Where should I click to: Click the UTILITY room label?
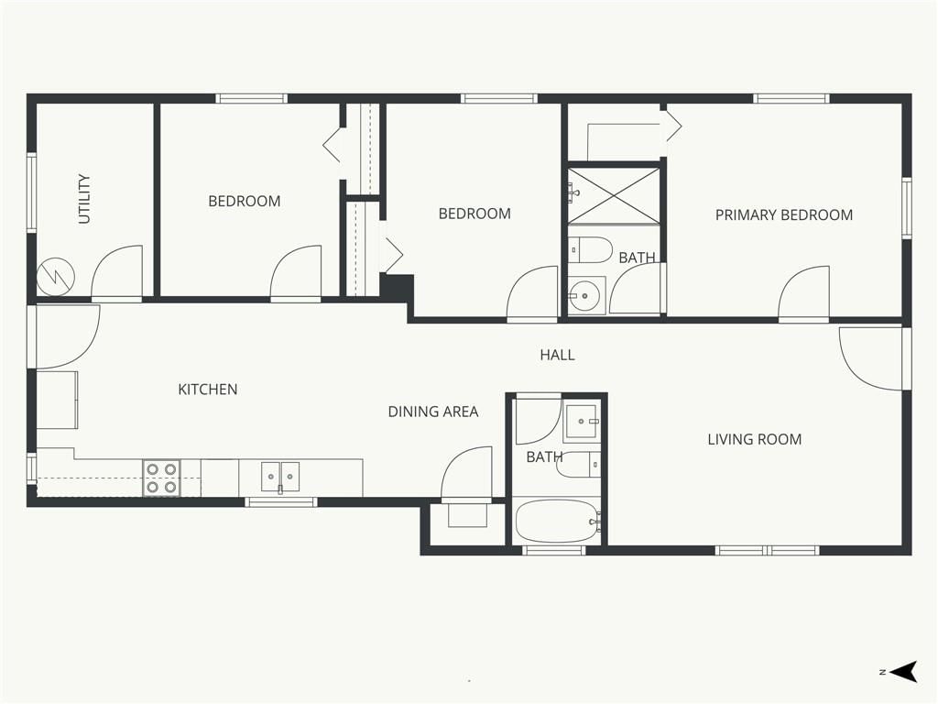84,199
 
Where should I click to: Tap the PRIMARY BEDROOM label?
784,214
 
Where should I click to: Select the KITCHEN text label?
208,390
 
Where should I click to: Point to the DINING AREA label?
433,412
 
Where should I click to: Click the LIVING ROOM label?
755,439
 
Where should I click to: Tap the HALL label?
557,355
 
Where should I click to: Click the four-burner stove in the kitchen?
161,478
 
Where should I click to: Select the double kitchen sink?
280,477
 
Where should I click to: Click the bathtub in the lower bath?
558,522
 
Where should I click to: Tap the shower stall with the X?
613,196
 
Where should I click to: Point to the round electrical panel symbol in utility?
56,277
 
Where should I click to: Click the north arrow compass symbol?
903,672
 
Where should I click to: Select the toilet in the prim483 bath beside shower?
590,249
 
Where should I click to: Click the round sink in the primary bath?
584,295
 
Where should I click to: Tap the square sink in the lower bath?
581,421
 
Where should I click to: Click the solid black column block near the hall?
398,287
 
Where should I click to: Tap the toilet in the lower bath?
578,465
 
